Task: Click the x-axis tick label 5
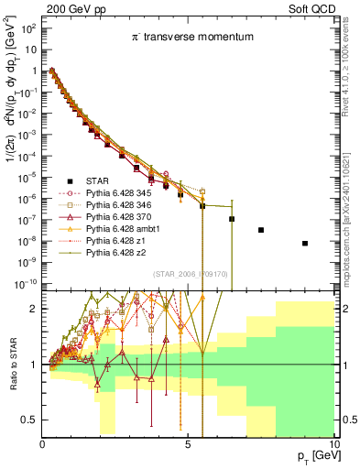pyautogui.click(x=188, y=443)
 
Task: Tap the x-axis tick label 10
pyautogui.click(x=333, y=443)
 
